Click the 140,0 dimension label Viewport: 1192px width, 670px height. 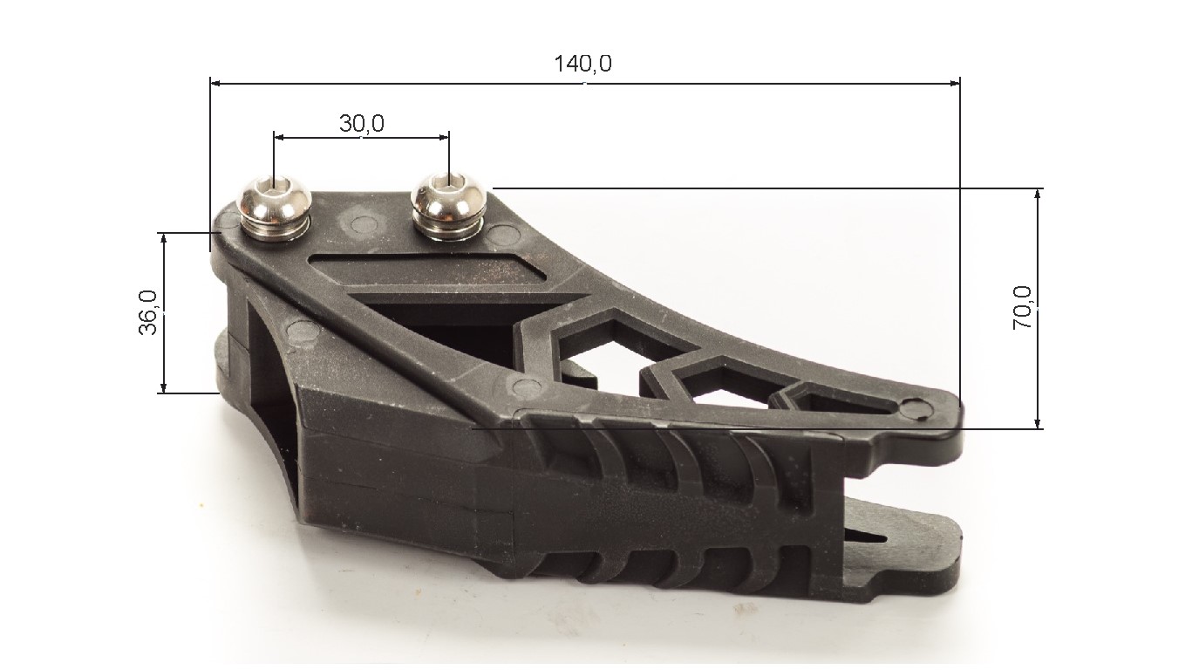[x=582, y=64]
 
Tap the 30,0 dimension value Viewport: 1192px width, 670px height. [x=361, y=124]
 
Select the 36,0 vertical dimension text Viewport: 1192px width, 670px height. [x=148, y=312]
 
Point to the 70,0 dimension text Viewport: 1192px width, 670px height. [x=1022, y=308]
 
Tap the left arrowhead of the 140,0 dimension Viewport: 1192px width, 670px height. [x=215, y=83]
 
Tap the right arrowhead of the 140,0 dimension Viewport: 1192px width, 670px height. [x=955, y=83]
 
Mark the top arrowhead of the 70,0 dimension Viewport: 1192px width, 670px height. [x=1037, y=194]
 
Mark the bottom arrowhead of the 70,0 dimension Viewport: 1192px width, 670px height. [x=1037, y=422]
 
